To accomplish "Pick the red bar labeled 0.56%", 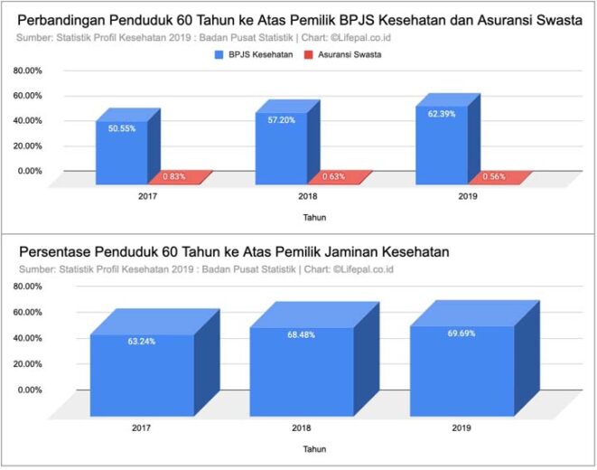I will click(495, 176).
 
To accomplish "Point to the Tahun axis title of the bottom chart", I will click(314, 448).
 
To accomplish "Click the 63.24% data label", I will click(141, 342).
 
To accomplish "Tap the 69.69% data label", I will click(461, 334).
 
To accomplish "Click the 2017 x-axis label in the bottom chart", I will click(141, 426).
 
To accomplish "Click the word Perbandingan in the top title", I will click(65, 19).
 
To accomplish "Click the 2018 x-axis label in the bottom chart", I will click(301, 426).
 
